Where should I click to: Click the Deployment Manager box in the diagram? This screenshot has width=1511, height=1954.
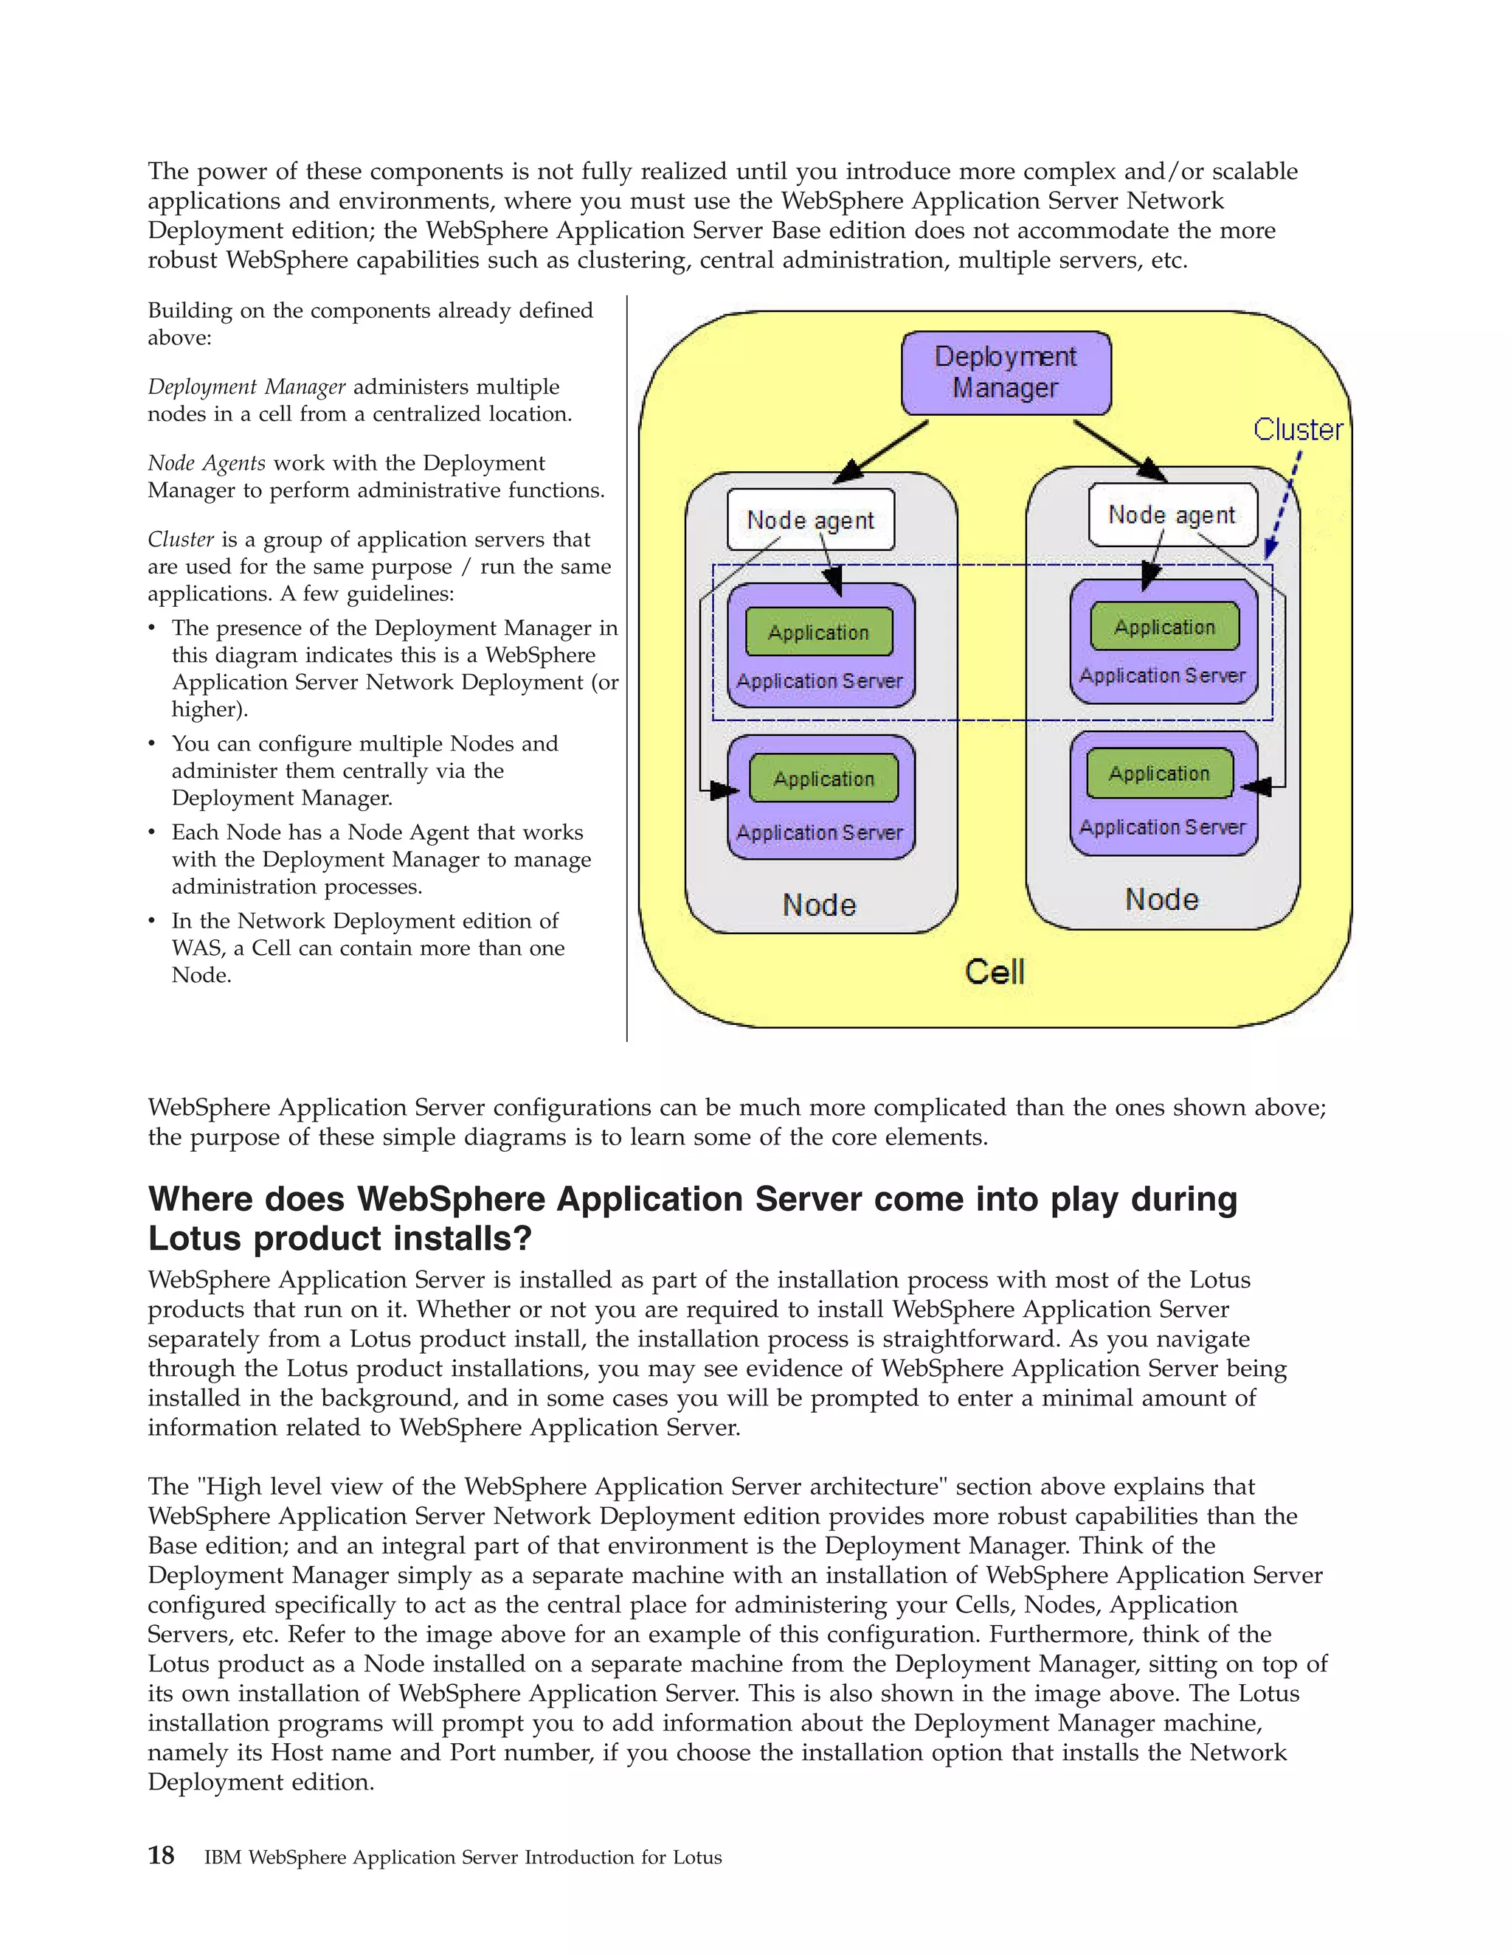click(1006, 372)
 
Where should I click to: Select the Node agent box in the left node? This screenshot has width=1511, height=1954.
click(810, 520)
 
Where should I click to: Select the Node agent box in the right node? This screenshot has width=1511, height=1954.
click(1172, 515)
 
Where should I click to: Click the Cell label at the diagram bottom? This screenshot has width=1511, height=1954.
click(995, 972)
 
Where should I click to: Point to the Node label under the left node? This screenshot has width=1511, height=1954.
click(819, 905)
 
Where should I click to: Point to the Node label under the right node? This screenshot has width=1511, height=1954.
click(1161, 899)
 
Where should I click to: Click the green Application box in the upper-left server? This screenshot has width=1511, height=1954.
click(818, 632)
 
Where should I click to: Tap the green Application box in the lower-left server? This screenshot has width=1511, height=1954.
click(823, 779)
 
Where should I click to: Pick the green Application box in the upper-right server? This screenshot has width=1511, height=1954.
click(1163, 626)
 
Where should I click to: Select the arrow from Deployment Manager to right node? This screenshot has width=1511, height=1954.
click(1119, 450)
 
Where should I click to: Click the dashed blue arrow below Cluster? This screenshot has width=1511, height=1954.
click(1285, 504)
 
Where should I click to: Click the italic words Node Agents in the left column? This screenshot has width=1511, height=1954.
click(206, 464)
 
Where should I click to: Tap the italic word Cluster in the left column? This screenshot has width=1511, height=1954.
click(180, 540)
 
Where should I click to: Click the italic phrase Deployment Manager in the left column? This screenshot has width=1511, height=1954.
click(246, 387)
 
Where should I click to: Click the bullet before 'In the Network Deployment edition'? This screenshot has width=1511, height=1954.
click(152, 922)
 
